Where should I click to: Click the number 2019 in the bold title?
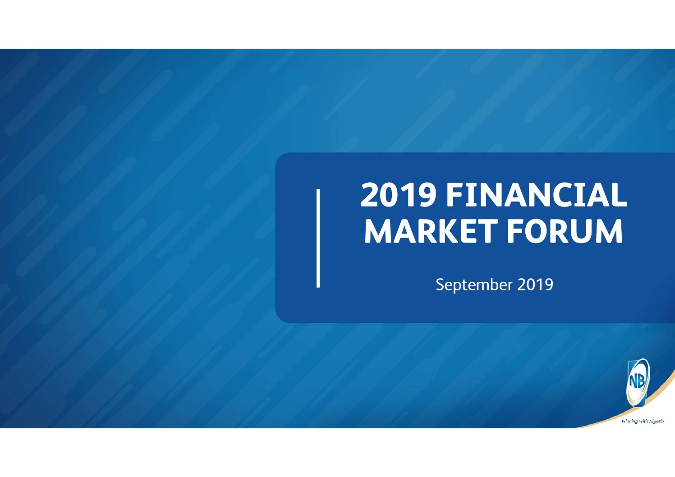(398, 195)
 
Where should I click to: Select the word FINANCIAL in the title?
(537, 195)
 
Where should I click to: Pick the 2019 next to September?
(535, 284)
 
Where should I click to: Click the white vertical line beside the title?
(318, 238)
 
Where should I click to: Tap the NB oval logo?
(638, 383)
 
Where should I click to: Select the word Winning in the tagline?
(629, 421)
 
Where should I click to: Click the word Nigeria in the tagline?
(656, 421)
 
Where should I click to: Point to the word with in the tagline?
(643, 421)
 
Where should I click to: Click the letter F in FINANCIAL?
(455, 195)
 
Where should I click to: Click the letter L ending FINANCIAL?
(619, 195)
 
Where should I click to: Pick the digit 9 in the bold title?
(427, 195)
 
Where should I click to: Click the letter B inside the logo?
(641, 382)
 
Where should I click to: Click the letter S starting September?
(440, 284)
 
